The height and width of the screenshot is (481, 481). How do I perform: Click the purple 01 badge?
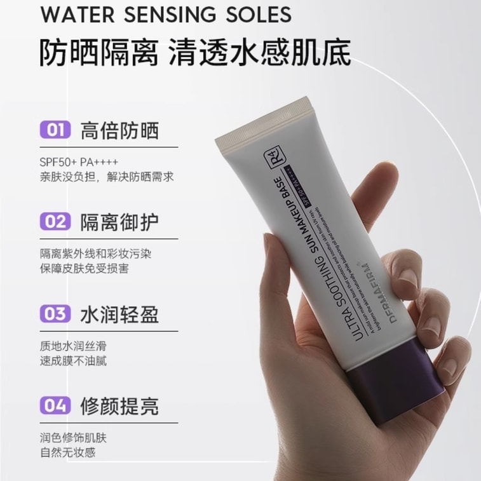[x=55, y=130]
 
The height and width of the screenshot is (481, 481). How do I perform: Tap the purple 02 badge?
[x=55, y=222]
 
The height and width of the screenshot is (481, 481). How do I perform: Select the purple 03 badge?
[x=55, y=314]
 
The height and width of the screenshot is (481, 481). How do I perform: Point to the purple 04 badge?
[x=55, y=405]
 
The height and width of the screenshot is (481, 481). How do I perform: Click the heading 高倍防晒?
[x=119, y=130]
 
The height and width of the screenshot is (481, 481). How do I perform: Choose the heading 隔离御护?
[x=119, y=222]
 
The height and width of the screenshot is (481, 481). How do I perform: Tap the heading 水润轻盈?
[x=119, y=314]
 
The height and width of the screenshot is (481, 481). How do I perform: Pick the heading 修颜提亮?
[x=119, y=405]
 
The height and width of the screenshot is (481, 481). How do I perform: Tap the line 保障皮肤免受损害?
[x=84, y=268]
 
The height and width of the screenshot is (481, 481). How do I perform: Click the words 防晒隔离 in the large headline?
[x=99, y=53]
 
